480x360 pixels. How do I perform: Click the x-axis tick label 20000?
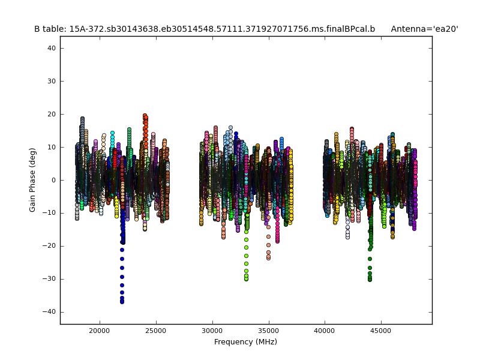tap(100, 331)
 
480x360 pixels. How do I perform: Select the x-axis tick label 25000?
tap(156, 331)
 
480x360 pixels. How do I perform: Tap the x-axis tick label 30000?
tap(212, 331)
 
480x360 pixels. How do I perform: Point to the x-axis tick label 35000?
tap(268, 331)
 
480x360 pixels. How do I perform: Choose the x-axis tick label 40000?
tap(325, 331)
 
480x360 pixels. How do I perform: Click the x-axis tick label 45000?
tap(381, 331)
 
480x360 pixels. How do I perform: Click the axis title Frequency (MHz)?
tap(245, 342)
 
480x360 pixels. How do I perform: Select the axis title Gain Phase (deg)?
tap(33, 180)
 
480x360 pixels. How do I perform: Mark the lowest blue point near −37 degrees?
tap(122, 302)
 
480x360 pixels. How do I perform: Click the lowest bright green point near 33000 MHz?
tap(246, 278)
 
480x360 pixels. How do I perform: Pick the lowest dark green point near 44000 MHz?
tap(370, 279)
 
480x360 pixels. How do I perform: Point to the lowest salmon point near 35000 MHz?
tap(268, 258)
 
